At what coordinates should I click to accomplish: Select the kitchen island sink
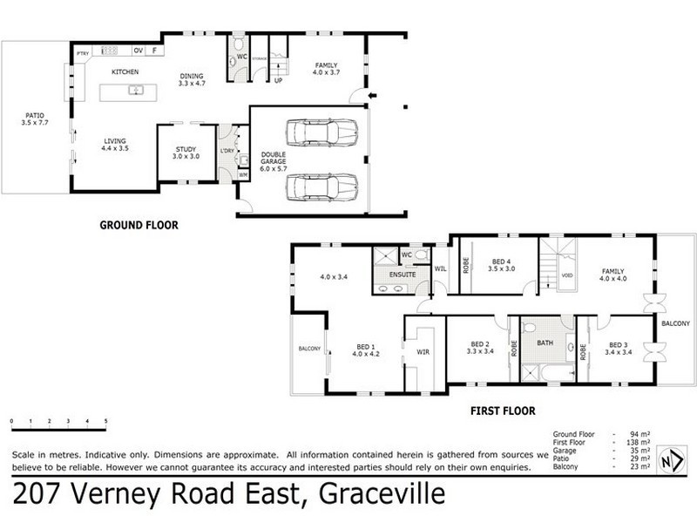[135, 90]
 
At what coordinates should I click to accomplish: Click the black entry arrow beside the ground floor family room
[373, 95]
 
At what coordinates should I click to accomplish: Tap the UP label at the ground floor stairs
[278, 81]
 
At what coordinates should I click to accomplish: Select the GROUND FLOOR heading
[139, 225]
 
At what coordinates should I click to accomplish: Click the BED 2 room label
[480, 343]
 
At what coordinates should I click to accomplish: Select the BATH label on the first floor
[545, 343]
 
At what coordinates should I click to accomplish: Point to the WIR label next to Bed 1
[424, 354]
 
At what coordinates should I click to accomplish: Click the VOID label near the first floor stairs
[566, 275]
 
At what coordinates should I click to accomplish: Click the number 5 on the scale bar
[105, 421]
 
